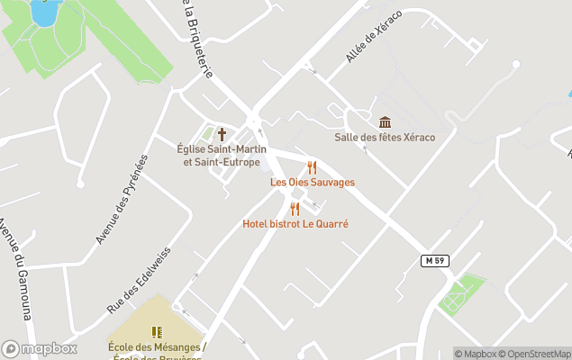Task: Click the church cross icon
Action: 222,133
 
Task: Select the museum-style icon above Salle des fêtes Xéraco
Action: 385,122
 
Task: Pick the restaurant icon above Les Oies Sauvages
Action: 312,167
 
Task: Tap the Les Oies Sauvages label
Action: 313,182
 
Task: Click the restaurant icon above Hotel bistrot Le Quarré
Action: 295,209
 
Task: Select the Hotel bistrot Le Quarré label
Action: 295,223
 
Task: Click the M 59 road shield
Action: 434,260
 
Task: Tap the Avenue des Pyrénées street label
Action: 121,199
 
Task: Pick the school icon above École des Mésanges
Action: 157,332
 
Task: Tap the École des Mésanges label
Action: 157,347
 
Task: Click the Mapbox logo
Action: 39,348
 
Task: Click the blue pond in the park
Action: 42,12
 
